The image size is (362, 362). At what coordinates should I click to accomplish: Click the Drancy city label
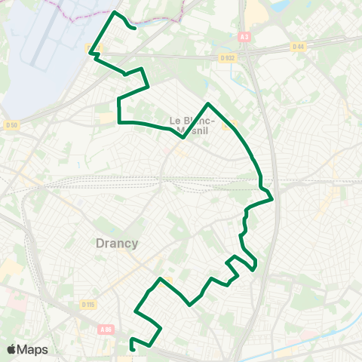[x=117, y=243]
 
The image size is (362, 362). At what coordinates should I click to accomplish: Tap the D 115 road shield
[x=87, y=304]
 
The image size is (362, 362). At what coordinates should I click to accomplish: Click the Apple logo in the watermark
[x=12, y=349]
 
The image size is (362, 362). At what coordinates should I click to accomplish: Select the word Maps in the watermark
[x=32, y=349]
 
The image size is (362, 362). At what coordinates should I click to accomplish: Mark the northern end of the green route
[x=134, y=28]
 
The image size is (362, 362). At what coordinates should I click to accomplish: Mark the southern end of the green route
[x=133, y=349]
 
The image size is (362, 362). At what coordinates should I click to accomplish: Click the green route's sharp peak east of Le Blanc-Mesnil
[x=207, y=103]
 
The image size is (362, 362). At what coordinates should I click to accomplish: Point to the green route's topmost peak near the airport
[x=115, y=13]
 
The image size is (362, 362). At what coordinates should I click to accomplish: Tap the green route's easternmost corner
[x=271, y=199]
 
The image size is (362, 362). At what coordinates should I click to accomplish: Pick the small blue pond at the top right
[x=280, y=6]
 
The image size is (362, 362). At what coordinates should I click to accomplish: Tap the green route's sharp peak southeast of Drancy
[x=159, y=279]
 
